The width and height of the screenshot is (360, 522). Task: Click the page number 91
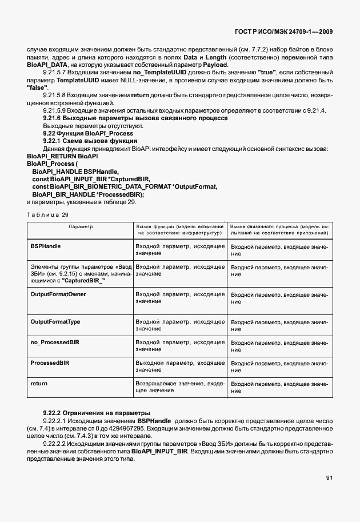329,477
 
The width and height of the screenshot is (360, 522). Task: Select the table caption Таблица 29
47,214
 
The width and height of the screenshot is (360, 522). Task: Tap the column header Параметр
81,226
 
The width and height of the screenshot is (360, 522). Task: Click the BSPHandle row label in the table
46,246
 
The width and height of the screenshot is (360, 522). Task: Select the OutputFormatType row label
55,322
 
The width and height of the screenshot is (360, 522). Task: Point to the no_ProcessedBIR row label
55,342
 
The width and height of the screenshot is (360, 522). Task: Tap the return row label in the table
39,383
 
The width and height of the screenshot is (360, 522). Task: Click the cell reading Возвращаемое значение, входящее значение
180,386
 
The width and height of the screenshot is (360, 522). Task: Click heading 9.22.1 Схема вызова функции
90,141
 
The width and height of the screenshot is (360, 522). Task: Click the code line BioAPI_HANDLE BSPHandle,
75,171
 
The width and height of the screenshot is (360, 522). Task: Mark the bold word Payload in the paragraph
215,65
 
